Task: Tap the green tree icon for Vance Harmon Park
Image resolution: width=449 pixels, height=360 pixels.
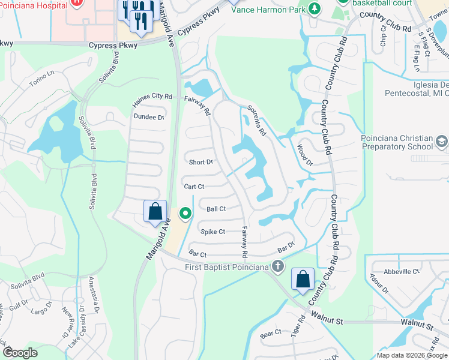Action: point(313,8)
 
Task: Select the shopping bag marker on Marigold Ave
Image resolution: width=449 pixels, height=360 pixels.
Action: point(155,212)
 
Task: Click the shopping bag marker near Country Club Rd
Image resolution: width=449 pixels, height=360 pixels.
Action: point(303,279)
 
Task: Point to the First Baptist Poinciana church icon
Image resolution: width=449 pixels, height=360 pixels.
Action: point(277,266)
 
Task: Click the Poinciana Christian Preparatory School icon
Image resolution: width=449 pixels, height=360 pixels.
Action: point(441,141)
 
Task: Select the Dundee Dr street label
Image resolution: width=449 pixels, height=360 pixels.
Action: point(149,117)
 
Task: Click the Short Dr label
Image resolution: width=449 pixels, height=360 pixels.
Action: point(201,162)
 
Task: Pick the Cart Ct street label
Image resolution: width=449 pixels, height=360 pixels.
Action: point(194,187)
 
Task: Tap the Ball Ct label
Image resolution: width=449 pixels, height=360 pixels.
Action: point(216,209)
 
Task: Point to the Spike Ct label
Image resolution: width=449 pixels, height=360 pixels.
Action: point(213,232)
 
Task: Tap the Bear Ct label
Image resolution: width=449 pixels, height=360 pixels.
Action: point(271,332)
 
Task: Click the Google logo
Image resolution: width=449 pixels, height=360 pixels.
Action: point(20,353)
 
